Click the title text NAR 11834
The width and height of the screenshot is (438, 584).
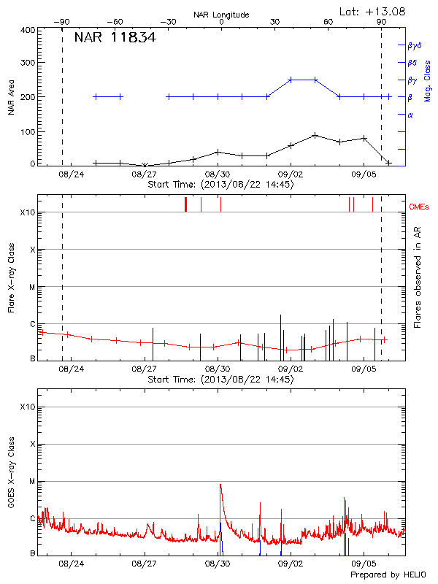click(115, 38)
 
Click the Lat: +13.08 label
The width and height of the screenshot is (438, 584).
click(373, 10)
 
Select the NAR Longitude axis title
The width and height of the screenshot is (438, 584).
click(220, 15)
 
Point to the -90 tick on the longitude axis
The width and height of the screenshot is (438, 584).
click(62, 22)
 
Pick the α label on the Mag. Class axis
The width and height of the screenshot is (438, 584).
click(410, 115)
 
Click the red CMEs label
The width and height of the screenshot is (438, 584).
click(419, 207)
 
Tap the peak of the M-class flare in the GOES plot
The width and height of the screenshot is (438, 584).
click(220, 484)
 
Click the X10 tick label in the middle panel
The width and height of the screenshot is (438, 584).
click(27, 212)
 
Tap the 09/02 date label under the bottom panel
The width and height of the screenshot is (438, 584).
click(291, 564)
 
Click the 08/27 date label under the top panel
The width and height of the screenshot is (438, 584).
click(145, 174)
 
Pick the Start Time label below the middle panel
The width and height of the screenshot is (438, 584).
click(220, 380)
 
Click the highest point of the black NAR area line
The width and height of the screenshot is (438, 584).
click(315, 135)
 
